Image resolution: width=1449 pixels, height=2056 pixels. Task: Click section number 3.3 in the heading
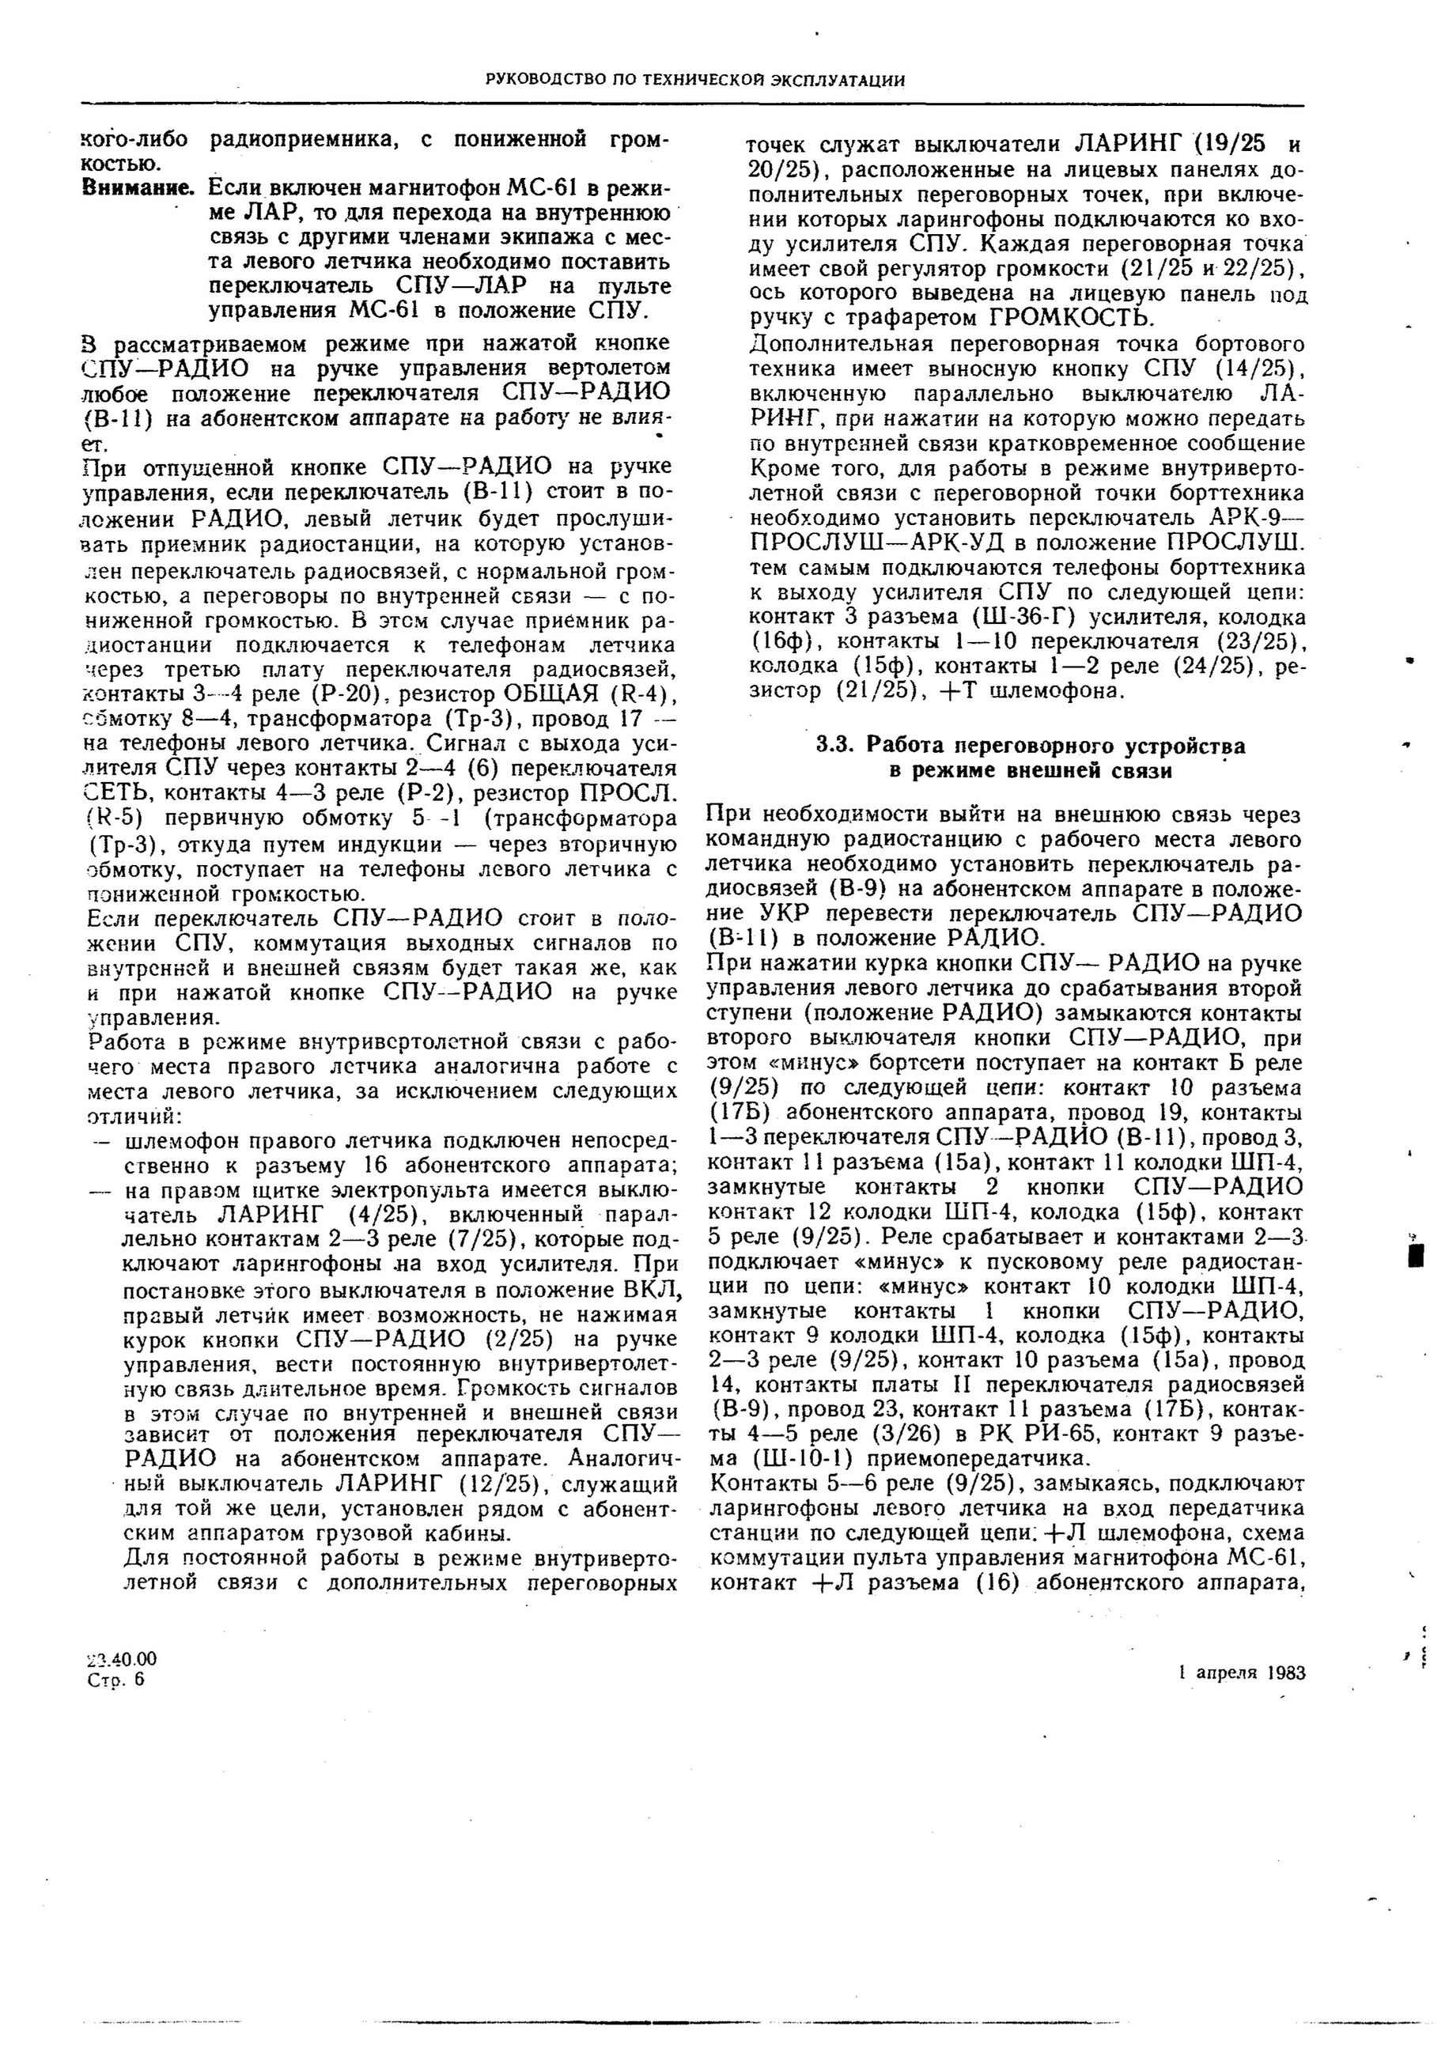pyautogui.click(x=834, y=746)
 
